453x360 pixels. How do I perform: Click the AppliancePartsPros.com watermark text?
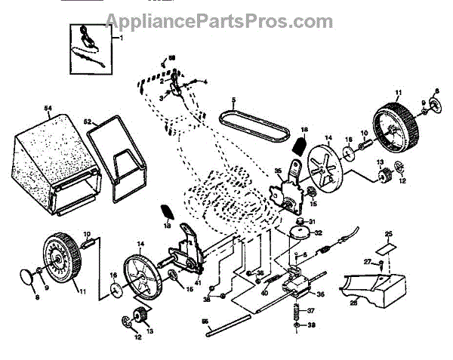pyautogui.click(x=219, y=20)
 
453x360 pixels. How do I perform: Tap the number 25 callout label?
pyautogui.click(x=389, y=234)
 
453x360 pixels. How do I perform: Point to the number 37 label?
pyautogui.click(x=310, y=309)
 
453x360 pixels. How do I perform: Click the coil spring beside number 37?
pyautogui.click(x=297, y=310)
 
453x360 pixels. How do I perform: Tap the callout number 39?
pyautogui.click(x=310, y=326)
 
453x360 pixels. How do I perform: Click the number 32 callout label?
pyautogui.click(x=318, y=233)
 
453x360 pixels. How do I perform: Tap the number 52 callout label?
pyautogui.click(x=88, y=122)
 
